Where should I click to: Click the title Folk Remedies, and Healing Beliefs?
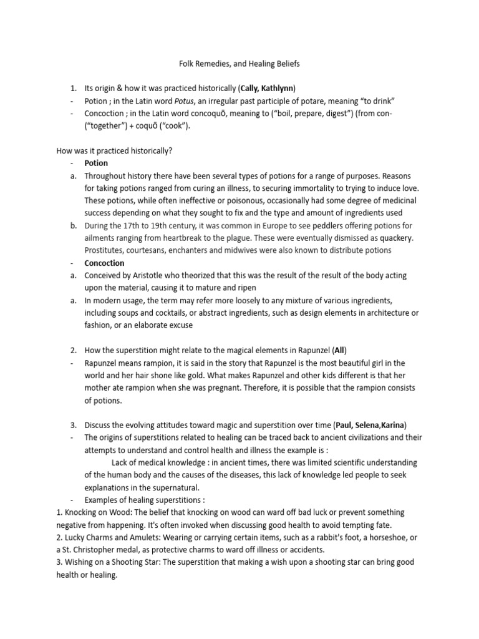click(239, 64)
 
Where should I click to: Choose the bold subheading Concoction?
click(105, 263)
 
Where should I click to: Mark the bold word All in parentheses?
click(341, 350)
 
